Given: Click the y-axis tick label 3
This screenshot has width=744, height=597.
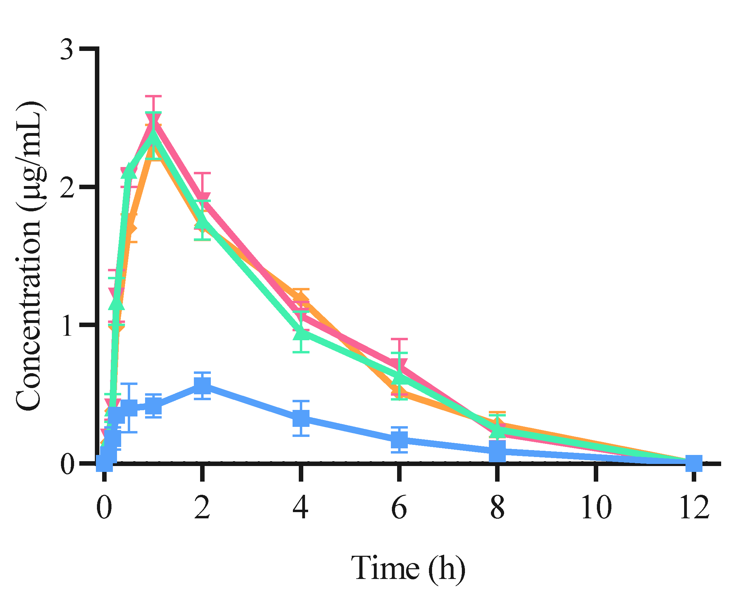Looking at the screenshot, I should (x=66, y=50).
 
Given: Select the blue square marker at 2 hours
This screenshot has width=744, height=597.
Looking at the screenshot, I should (x=203, y=386).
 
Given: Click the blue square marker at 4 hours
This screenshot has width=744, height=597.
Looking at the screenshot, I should (x=301, y=418).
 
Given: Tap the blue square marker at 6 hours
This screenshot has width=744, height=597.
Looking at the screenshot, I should (x=399, y=440).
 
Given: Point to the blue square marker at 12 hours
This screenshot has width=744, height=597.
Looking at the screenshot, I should (x=694, y=463).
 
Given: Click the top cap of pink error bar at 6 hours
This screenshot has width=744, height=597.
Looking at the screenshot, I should (x=399, y=339).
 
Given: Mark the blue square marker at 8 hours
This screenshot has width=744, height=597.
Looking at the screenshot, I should (x=498, y=451).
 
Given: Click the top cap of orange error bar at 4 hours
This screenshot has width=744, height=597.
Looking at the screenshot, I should (x=301, y=289).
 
